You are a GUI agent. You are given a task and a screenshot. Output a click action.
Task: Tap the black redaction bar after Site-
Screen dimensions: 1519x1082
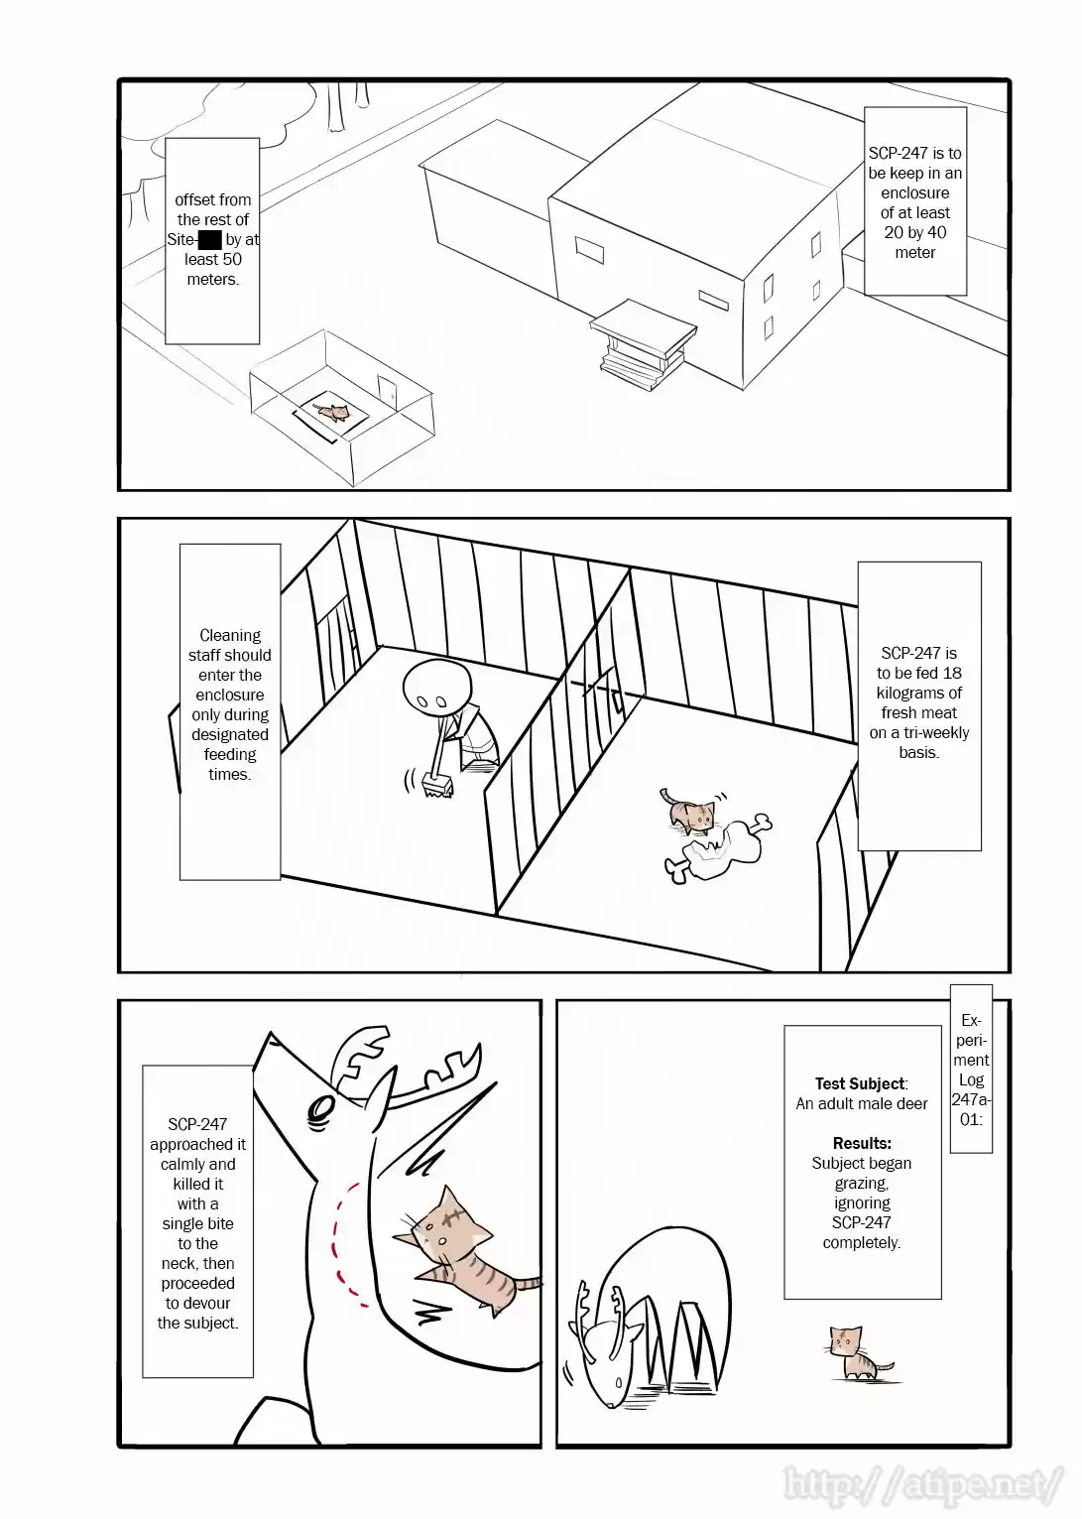tap(209, 239)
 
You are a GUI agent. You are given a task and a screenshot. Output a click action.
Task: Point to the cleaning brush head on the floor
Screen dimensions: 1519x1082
tap(435, 788)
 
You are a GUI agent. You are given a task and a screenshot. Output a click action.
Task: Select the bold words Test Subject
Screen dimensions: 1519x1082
tap(860, 1083)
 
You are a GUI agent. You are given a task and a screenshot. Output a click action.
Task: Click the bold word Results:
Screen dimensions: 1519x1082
tap(861, 1143)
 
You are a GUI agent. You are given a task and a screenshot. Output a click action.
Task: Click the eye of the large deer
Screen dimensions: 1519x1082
tap(320, 1109)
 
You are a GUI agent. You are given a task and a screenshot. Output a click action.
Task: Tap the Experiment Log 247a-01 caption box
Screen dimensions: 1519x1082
tap(970, 1069)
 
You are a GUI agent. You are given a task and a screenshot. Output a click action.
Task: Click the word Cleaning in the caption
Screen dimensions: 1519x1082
tap(230, 635)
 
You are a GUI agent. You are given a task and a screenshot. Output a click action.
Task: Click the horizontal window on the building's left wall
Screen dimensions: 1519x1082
tap(588, 251)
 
